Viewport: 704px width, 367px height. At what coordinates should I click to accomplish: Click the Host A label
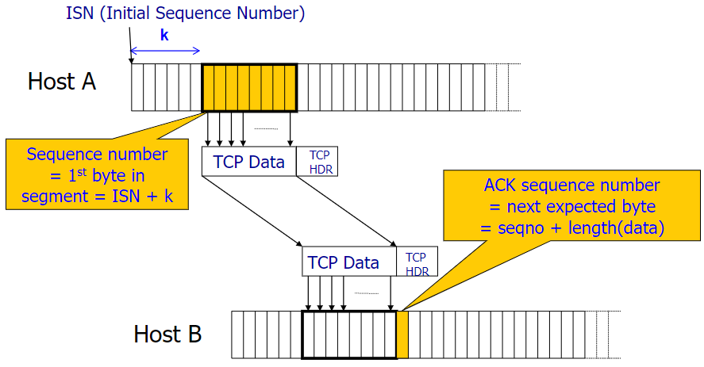61,82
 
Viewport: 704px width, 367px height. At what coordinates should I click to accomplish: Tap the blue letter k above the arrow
164,36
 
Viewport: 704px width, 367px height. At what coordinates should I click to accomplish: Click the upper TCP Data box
248,162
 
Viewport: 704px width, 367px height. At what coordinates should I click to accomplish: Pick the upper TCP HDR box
318,161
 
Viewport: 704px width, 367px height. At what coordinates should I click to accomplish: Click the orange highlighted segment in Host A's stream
249,86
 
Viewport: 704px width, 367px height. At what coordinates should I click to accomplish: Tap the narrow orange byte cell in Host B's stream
402,334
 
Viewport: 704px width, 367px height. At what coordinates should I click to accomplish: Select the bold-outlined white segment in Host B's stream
349,334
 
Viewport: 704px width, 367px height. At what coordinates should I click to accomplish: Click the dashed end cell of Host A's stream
508,86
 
